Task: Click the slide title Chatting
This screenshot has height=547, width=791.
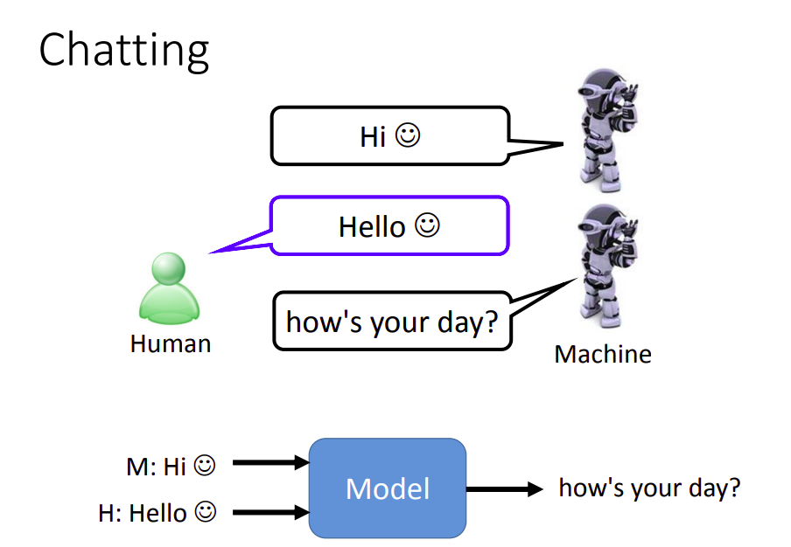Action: pos(123,51)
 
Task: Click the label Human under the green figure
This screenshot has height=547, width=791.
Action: pos(171,343)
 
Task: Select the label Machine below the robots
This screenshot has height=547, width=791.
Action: pos(603,354)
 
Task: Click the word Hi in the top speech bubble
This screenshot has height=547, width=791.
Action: pos(373,137)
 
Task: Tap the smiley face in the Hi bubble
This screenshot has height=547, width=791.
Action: pos(408,136)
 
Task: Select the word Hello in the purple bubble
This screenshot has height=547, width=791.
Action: pos(372,227)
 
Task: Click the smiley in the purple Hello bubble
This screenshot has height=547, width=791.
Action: pos(427,226)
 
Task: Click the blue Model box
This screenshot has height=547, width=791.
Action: pos(388,488)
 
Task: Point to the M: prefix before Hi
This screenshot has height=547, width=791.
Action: pos(142,467)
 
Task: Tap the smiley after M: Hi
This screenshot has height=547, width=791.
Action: pos(204,466)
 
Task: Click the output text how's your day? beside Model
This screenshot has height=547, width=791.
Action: pos(649,488)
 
